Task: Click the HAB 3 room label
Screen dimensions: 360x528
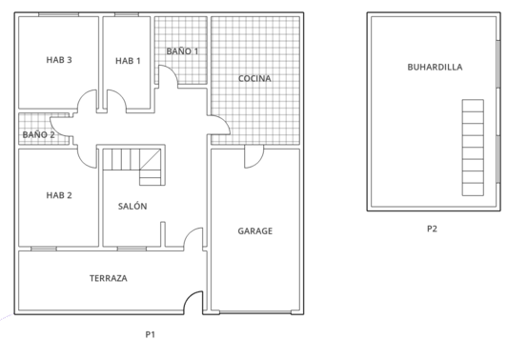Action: [59, 60]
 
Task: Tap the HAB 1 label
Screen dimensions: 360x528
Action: [128, 61]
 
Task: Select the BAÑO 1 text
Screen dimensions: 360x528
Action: [182, 50]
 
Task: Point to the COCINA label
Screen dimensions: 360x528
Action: [254, 78]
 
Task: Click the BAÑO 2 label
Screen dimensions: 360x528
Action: [39, 135]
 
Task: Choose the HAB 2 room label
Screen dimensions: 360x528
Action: [59, 195]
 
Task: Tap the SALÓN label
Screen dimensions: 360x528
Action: [132, 207]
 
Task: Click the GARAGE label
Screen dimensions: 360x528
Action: [254, 230]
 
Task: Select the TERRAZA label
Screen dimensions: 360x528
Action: [109, 278]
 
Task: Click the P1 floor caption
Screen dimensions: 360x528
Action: [150, 334]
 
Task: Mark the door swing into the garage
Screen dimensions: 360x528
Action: [252, 158]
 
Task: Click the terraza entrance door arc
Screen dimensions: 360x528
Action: [194, 304]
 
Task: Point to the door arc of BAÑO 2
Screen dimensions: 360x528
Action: [59, 124]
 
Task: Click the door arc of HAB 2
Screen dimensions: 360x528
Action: [89, 156]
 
